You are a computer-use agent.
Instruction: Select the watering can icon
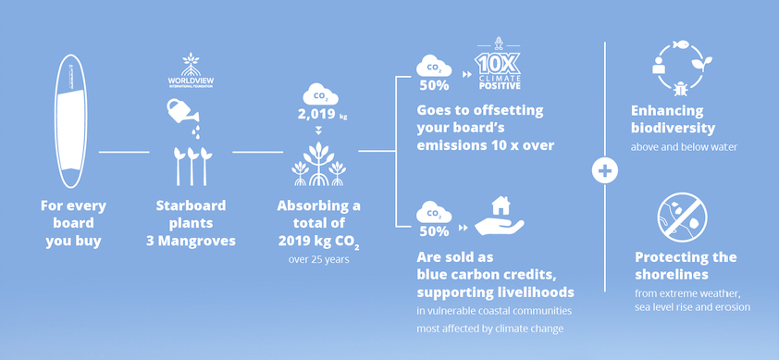[183, 111]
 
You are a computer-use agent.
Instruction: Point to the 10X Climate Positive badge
[497, 65]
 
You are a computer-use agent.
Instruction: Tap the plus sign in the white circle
[605, 171]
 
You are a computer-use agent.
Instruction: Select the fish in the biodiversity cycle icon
[680, 45]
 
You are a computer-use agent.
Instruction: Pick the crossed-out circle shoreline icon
[683, 217]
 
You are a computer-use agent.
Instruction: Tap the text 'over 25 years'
[319, 259]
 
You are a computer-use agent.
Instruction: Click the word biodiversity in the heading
[674, 129]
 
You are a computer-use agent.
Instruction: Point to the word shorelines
[672, 275]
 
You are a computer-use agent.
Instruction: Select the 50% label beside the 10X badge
[434, 85]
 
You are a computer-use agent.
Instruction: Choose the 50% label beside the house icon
[434, 231]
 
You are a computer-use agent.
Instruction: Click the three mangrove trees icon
[318, 164]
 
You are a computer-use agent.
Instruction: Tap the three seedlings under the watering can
[192, 166]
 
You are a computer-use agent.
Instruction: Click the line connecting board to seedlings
[124, 152]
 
